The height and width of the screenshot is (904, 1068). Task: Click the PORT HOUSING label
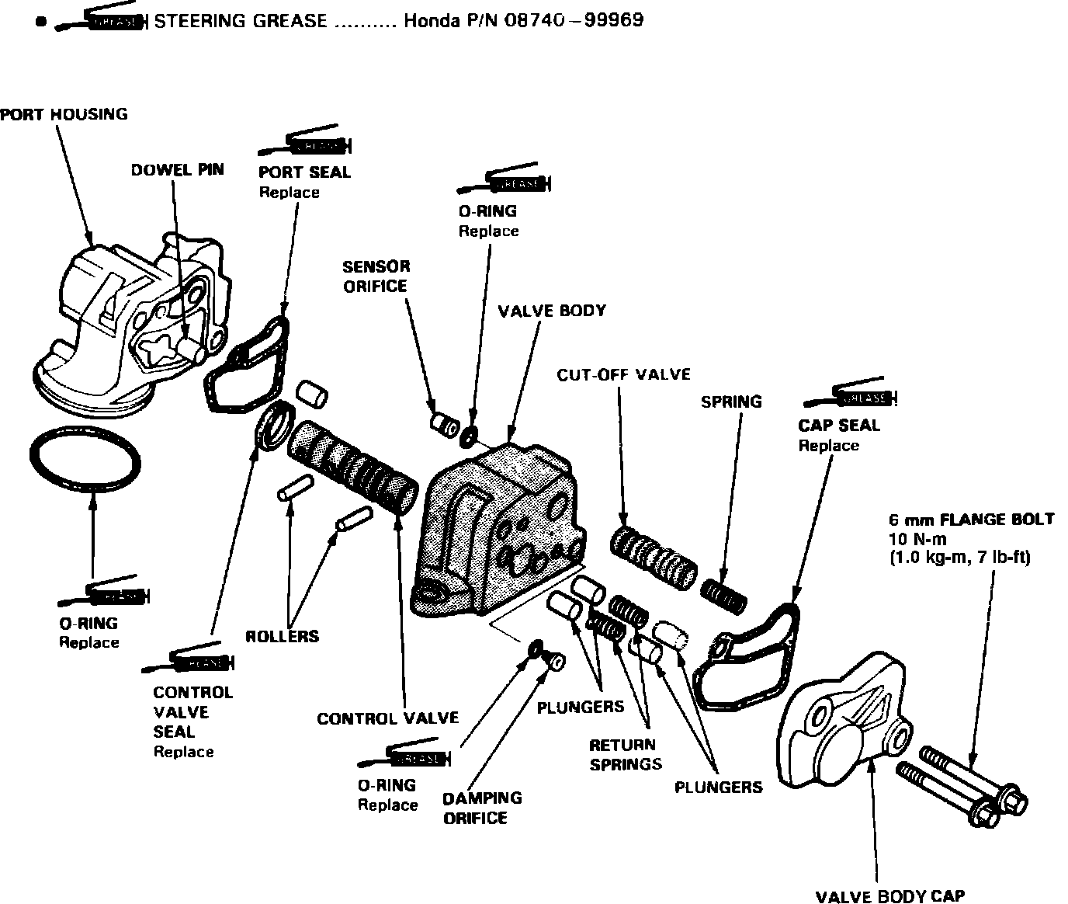pos(64,114)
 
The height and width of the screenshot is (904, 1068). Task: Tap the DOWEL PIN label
pos(177,169)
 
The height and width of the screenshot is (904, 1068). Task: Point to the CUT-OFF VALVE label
pos(623,374)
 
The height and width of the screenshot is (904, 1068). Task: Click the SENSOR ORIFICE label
pos(376,276)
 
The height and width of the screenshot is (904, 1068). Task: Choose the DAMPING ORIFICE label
pos(481,808)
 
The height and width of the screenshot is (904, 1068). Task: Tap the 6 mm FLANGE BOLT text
pos(971,519)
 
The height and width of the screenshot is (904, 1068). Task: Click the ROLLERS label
pos(282,636)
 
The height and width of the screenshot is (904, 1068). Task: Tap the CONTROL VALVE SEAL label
pos(192,711)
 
